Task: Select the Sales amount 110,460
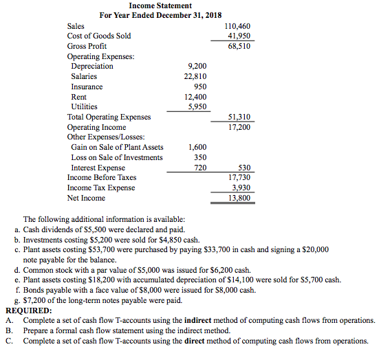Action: click(x=238, y=26)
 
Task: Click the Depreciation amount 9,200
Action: click(x=197, y=66)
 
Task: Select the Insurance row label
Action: click(x=87, y=87)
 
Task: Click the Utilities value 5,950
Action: click(x=197, y=106)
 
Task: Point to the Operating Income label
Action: click(x=96, y=127)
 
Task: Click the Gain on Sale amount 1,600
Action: click(x=197, y=147)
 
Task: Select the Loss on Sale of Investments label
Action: click(x=117, y=157)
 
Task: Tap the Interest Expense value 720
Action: click(x=200, y=168)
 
